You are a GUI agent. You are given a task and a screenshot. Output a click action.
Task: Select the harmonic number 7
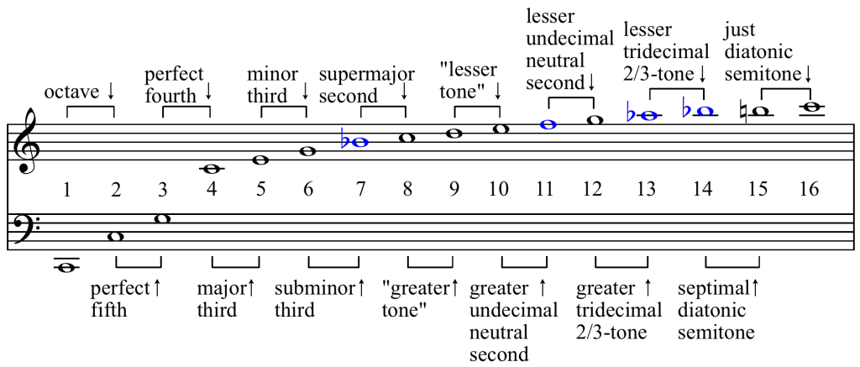[x=360, y=189]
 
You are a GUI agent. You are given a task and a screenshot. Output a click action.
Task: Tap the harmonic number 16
[x=809, y=189]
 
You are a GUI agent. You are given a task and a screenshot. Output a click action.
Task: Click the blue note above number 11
[x=548, y=124]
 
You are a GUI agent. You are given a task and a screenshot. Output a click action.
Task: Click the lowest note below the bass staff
[x=66, y=268]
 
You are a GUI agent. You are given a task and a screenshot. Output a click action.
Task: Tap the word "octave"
[x=71, y=91]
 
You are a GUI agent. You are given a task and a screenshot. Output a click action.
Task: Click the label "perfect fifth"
[x=118, y=298]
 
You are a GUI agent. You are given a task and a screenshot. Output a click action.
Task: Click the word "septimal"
[x=714, y=288]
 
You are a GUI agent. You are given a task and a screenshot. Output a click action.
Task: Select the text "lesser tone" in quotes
[x=469, y=80]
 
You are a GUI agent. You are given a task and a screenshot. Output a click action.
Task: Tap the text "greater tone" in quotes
[x=416, y=298]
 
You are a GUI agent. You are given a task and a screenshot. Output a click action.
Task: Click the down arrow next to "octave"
[x=110, y=91]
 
